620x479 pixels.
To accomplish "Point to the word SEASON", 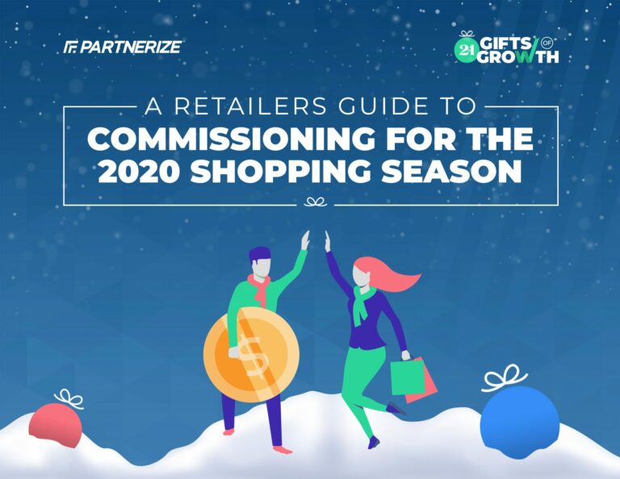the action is pyautogui.click(x=451, y=173).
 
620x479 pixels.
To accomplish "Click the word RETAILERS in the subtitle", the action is pyautogui.click(x=250, y=106).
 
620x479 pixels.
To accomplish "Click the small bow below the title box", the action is pyautogui.click(x=315, y=202).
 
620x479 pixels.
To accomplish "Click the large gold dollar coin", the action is pyautogui.click(x=252, y=354).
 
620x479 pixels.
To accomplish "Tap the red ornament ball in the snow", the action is pyautogui.click(x=56, y=425).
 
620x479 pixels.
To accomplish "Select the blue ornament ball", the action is pyautogui.click(x=520, y=423).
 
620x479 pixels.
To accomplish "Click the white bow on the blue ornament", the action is pyautogui.click(x=504, y=377).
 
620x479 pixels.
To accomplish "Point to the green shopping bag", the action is pyautogui.click(x=408, y=377).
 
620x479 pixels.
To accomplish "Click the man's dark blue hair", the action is pyautogui.click(x=260, y=254).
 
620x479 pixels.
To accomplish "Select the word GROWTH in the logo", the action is pyautogui.click(x=518, y=57).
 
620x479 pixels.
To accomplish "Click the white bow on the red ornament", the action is pyautogui.click(x=69, y=398).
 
